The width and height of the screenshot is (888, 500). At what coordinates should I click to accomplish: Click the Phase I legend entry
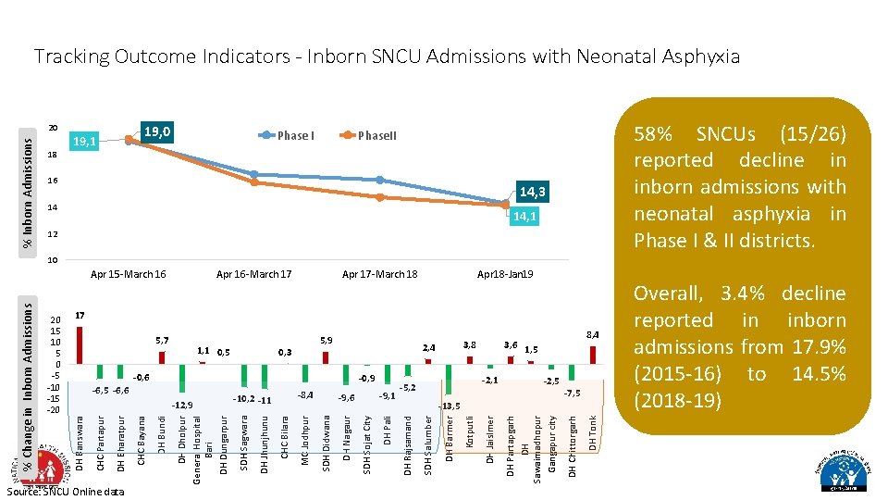click(x=295, y=135)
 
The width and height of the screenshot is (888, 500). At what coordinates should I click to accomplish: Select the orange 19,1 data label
click(x=85, y=142)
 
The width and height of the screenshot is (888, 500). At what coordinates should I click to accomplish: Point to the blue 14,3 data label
click(x=533, y=193)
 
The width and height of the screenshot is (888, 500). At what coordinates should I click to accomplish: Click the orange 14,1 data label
click(x=524, y=217)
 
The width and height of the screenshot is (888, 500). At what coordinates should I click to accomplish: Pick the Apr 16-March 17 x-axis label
click(x=253, y=274)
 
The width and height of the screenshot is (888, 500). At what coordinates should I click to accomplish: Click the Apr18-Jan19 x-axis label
click(x=506, y=274)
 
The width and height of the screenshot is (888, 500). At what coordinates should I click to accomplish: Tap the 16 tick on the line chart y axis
click(x=54, y=181)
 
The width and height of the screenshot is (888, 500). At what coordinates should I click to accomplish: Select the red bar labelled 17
click(x=80, y=344)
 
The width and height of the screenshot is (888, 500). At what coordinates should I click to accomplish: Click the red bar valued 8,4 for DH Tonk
click(x=593, y=355)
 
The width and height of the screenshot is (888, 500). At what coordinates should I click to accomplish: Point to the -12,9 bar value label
click(x=181, y=405)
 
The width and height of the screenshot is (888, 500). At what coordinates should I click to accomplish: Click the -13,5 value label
click(x=450, y=406)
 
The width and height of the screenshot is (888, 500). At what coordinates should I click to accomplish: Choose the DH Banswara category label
click(x=80, y=444)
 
